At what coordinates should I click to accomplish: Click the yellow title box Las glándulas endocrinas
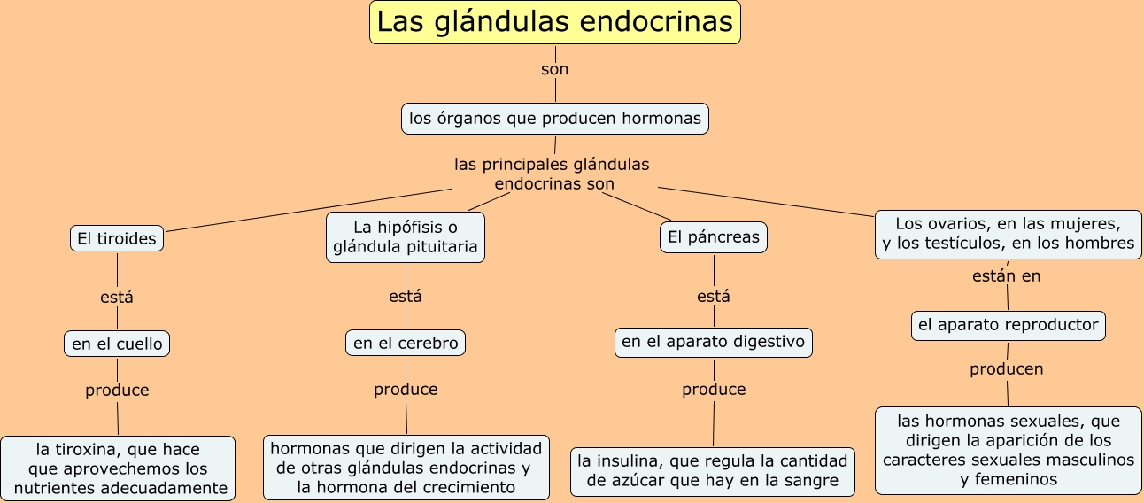coord(555,22)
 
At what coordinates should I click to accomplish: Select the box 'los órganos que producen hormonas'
coord(555,119)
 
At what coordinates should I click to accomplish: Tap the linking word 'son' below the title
coord(554,69)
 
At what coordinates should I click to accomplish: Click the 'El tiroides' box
coord(117,238)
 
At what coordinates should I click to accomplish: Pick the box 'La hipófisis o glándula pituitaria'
coord(406,237)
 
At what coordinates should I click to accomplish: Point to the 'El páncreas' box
coord(714,237)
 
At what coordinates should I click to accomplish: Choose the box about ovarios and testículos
coord(1009,235)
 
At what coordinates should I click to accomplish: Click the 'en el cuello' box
coord(117,344)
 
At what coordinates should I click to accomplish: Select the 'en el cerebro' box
coord(406,343)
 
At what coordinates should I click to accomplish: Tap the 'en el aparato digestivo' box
coord(714,343)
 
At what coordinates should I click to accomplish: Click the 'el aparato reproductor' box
coord(1009,326)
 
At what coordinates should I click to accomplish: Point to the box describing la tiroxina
coord(118,468)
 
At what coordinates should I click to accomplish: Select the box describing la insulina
coord(713,472)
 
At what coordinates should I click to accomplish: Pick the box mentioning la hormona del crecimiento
coord(406,468)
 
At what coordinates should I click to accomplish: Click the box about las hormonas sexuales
coord(1009,451)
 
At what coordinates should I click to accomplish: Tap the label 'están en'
coord(1006,276)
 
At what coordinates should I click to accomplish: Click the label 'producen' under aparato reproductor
coord(1006,369)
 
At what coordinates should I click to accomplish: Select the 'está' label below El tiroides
coord(117,297)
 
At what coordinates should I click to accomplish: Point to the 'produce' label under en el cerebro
coord(406,390)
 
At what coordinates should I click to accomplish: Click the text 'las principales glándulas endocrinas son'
coord(553,174)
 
